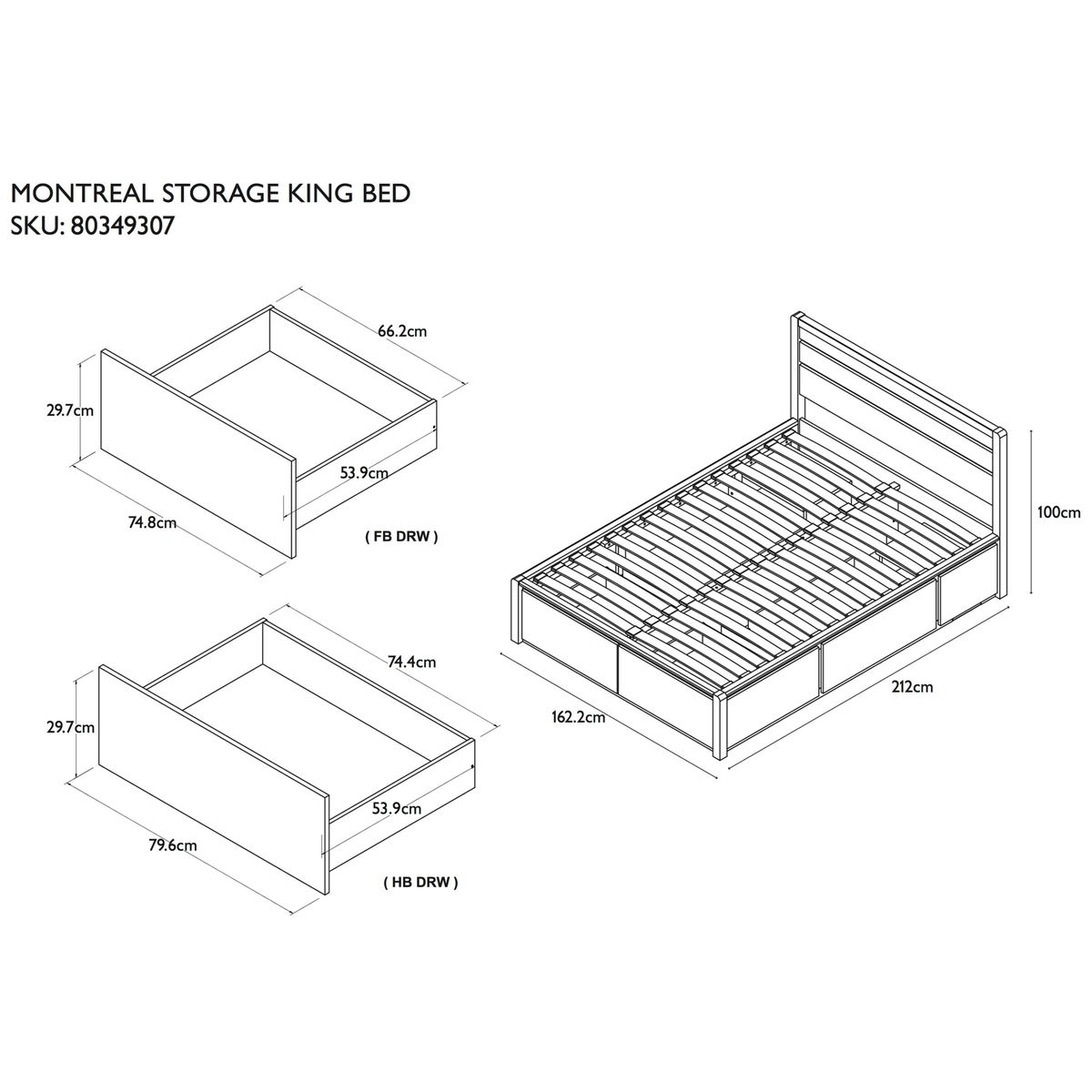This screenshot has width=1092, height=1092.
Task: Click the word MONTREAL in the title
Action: pyautogui.click(x=82, y=194)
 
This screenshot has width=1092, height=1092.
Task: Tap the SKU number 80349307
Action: pyautogui.click(x=121, y=227)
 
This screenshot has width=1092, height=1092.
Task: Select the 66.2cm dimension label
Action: pyautogui.click(x=402, y=331)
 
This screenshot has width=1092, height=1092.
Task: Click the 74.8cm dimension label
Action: pyautogui.click(x=153, y=522)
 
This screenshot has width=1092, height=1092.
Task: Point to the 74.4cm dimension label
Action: pyautogui.click(x=411, y=662)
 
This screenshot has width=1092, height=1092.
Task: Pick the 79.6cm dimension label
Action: pyautogui.click(x=173, y=844)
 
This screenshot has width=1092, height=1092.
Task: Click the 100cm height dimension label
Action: pyautogui.click(x=1058, y=512)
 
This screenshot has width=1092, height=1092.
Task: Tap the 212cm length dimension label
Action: pyautogui.click(x=913, y=687)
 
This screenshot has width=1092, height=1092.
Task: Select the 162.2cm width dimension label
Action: pyautogui.click(x=579, y=717)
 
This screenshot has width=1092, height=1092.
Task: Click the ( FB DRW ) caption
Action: pyautogui.click(x=402, y=536)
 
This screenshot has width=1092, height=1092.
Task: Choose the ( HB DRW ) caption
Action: pyautogui.click(x=421, y=883)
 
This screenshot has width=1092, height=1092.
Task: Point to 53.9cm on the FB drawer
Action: pyautogui.click(x=364, y=472)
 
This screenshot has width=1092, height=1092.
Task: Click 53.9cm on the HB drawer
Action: pyautogui.click(x=397, y=809)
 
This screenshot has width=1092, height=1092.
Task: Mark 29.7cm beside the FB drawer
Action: pyautogui.click(x=70, y=410)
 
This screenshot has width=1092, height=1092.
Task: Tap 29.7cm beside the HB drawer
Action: pyautogui.click(x=70, y=727)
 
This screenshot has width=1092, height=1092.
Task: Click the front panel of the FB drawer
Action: pyautogui.click(x=197, y=453)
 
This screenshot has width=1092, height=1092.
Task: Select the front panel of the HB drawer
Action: pyautogui.click(x=213, y=779)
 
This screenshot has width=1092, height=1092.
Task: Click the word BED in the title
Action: pyautogui.click(x=384, y=194)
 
